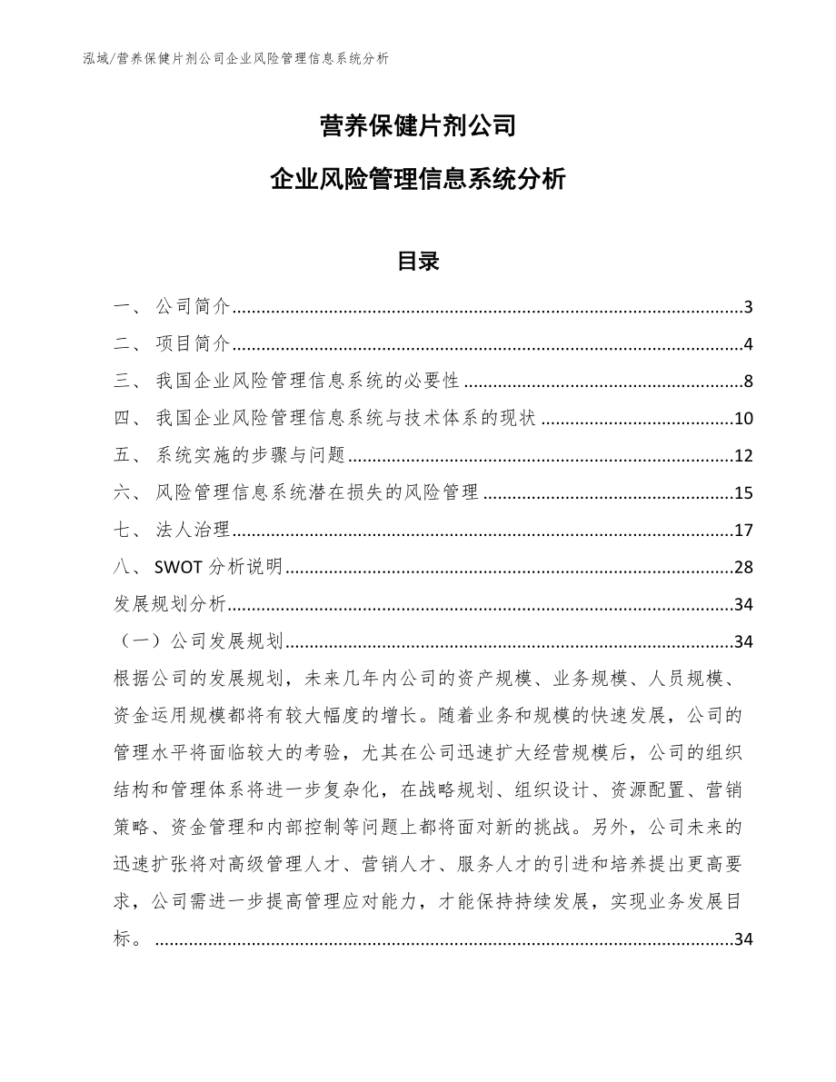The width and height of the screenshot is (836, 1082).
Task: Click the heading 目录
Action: click(418, 262)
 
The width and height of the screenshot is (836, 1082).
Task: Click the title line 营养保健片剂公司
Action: click(418, 125)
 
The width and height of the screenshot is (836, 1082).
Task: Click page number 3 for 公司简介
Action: click(748, 307)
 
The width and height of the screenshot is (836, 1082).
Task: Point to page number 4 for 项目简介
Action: click(748, 344)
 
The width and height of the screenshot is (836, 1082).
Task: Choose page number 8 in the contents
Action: click(748, 382)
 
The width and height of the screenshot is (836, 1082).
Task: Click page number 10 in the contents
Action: click(743, 419)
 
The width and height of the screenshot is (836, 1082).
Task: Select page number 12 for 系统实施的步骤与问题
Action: click(743, 456)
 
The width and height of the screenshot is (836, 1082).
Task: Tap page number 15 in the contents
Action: click(743, 493)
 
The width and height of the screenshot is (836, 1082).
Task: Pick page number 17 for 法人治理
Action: click(743, 531)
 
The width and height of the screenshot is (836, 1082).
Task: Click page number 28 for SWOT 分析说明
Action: click(743, 568)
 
